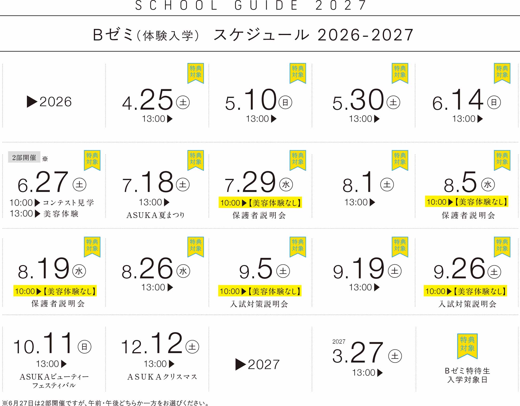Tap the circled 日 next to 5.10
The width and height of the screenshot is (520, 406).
(285, 102)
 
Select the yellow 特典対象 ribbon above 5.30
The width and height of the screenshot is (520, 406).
(400, 73)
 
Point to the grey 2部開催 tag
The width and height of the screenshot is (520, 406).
(24, 157)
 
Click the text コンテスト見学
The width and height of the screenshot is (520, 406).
(68, 202)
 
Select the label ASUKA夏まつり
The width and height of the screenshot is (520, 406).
(155, 215)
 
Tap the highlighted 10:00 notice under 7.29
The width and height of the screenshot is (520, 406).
(260, 202)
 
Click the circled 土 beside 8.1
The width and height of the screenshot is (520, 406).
(387, 185)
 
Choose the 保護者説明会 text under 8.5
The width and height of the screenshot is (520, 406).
(468, 215)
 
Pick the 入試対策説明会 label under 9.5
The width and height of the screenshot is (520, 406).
(259, 304)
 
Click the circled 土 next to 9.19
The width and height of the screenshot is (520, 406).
(395, 271)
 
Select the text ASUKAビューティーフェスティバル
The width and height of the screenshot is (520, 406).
(54, 381)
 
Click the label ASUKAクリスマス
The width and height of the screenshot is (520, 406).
(162, 377)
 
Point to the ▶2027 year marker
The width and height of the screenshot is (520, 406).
(257, 364)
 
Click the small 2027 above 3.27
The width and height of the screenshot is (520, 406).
(339, 342)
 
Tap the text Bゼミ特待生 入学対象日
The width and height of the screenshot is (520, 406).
(467, 375)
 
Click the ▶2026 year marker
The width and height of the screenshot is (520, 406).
(49, 102)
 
